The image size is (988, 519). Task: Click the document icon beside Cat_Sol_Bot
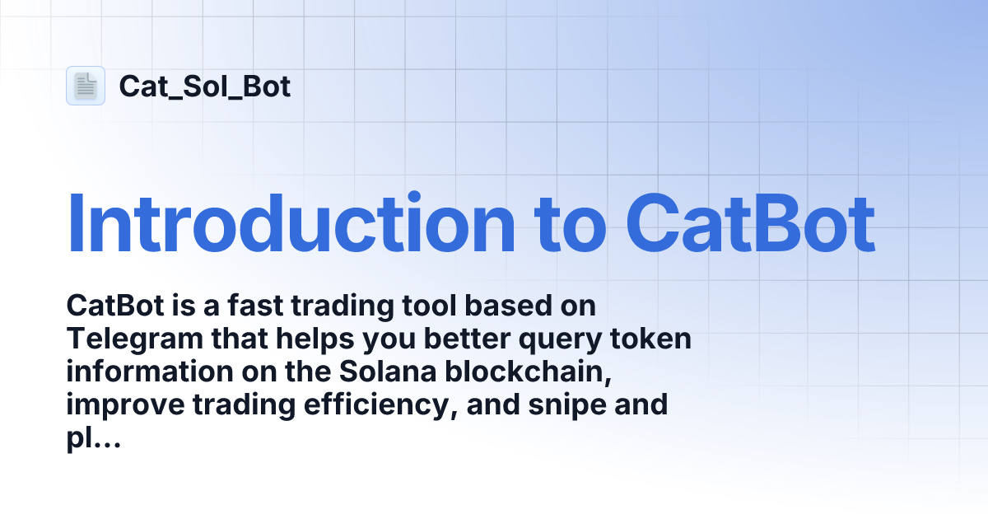pos(86,86)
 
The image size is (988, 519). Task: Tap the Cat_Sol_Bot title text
pos(204,86)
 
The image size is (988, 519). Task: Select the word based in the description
pos(502,306)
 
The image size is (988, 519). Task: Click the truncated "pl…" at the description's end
pos(93,438)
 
